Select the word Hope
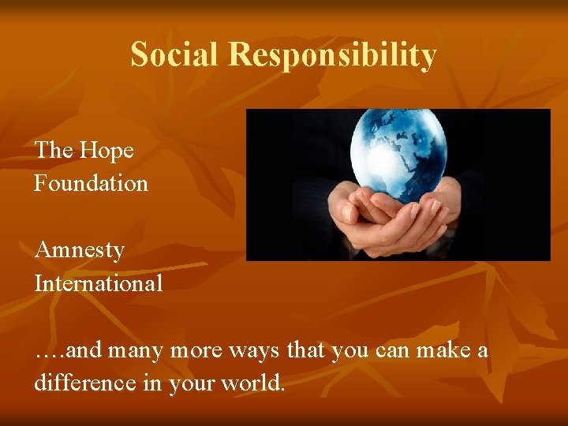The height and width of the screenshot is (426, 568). tap(107, 150)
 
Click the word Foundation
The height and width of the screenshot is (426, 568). tap(92, 183)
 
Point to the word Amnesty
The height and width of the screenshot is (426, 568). tap(80, 251)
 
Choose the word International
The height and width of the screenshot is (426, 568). tap(99, 282)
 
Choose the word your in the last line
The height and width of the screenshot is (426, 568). tap(192, 383)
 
